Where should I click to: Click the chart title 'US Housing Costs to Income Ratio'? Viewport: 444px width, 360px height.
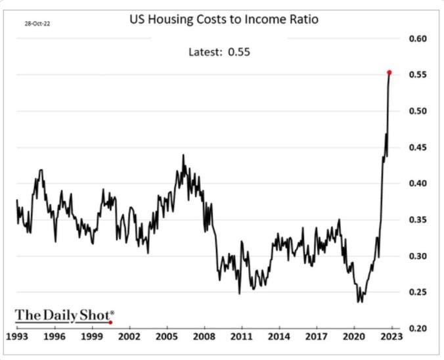223,20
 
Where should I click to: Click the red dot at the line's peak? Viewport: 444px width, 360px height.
389,72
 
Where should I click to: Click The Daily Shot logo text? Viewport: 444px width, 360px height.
64,315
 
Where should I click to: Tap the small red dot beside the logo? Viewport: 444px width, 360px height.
110,323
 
